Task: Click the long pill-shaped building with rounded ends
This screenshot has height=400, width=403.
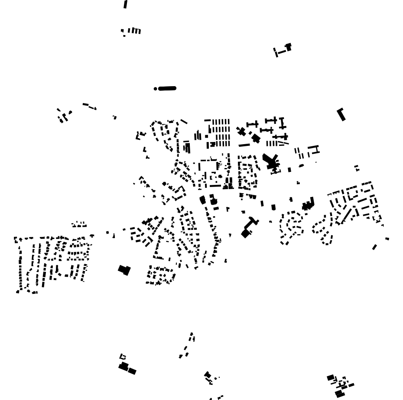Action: (x=167, y=88)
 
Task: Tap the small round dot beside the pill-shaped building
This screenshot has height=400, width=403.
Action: (x=156, y=89)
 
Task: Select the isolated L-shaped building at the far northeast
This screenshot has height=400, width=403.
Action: (x=341, y=114)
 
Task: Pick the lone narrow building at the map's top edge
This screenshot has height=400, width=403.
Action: (x=126, y=4)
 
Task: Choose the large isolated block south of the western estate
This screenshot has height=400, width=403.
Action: (x=124, y=270)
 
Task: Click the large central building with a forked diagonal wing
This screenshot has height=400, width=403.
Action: (x=271, y=161)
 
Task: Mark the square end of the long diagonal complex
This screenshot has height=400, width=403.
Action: (x=246, y=233)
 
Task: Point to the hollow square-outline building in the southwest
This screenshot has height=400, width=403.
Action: (x=123, y=357)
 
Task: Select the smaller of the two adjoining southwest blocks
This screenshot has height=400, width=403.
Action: (x=132, y=371)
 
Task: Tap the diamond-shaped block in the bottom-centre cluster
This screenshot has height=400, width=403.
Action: (x=208, y=375)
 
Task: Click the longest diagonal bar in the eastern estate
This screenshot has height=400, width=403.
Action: (x=347, y=216)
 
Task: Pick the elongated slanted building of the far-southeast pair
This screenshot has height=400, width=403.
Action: (x=374, y=247)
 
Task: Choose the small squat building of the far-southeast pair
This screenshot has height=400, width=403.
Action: (x=387, y=239)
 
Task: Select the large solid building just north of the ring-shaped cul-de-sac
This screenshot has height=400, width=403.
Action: (x=308, y=204)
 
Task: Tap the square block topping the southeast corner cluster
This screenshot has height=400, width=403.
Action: (x=331, y=377)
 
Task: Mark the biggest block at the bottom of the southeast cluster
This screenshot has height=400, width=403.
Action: (x=339, y=394)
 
